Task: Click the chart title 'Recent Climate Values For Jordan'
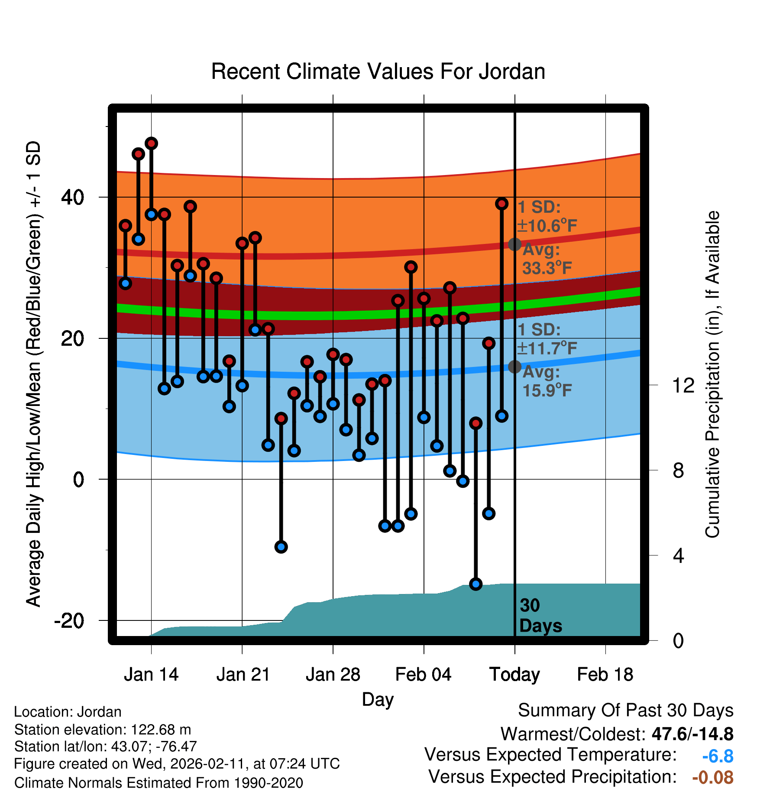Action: click(x=378, y=71)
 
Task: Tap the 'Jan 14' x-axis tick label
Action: click(x=151, y=675)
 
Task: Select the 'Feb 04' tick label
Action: click(x=423, y=675)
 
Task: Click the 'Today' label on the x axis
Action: click(x=514, y=675)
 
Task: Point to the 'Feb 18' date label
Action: click(x=605, y=675)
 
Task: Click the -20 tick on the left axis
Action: click(x=69, y=620)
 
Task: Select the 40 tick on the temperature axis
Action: click(x=72, y=198)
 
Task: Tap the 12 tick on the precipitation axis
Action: click(x=683, y=385)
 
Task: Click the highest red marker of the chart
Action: click(x=151, y=143)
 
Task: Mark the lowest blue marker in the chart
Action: click(x=476, y=584)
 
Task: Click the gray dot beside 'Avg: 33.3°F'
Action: click(x=514, y=244)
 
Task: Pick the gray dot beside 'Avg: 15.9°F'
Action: click(x=514, y=367)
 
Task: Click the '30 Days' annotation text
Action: click(x=540, y=616)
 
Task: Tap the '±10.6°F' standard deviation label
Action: click(x=547, y=226)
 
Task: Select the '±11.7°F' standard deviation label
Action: click(x=547, y=348)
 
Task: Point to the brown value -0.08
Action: click(x=712, y=777)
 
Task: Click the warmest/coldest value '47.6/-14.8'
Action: click(x=692, y=734)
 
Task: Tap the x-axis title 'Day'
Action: click(x=378, y=699)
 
